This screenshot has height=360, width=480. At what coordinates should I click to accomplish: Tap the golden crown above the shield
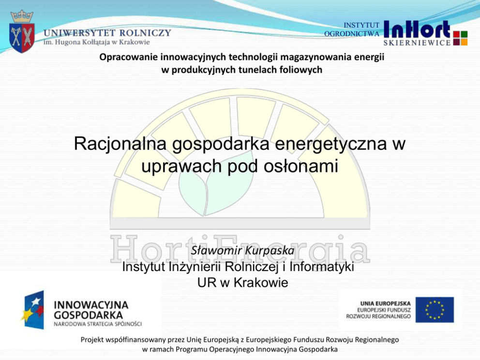pos(22,16)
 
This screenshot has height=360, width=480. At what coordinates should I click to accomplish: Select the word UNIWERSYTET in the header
pos(79,33)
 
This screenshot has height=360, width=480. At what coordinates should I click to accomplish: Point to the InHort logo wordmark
pos(417,30)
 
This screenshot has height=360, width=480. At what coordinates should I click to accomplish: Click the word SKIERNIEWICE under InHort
pos(417,43)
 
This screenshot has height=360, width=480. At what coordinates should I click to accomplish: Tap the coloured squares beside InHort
pos(460,38)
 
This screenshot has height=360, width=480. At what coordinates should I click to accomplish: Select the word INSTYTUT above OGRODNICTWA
pos(361,25)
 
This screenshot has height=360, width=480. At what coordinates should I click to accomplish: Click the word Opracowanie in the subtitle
pos(128,57)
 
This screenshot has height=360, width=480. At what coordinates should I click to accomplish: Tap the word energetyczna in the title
pos(330,144)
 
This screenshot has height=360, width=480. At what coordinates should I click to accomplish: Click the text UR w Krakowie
pos(243,283)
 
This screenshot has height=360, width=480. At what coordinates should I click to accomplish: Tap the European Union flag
pos(435,310)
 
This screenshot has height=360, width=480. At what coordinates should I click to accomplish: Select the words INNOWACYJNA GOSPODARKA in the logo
pos(91,310)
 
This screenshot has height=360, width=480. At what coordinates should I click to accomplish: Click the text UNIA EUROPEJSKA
pos(386,304)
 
